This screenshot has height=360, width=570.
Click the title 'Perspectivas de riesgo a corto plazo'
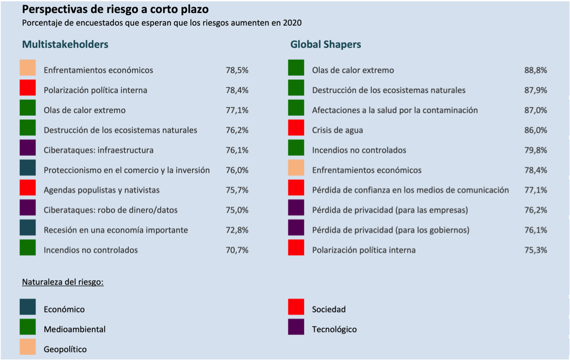point(115,10)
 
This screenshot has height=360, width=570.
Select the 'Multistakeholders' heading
point(65,44)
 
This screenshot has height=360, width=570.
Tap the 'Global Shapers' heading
point(326,44)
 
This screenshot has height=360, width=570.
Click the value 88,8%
point(535,70)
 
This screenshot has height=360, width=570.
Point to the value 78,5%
point(237,70)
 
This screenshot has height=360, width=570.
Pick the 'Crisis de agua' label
point(338,130)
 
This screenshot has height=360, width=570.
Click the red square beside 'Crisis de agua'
point(296,128)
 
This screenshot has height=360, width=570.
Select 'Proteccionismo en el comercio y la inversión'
point(127,170)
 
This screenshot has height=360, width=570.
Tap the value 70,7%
point(237,250)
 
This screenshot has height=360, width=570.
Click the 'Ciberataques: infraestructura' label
point(99,150)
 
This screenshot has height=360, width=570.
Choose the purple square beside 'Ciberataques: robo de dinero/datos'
point(28,207)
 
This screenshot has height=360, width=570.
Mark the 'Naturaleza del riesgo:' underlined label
point(63,282)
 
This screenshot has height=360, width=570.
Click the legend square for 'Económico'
point(28,307)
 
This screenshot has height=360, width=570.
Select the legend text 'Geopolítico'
point(65,349)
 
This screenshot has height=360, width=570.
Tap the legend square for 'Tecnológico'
point(296,327)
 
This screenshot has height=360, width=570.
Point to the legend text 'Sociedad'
point(329,309)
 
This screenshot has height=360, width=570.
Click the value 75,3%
point(535,250)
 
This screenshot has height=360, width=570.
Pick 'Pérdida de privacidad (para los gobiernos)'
point(391,230)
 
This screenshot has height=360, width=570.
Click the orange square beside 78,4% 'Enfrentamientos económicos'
point(296,168)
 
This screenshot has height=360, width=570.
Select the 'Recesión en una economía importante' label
point(116,230)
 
